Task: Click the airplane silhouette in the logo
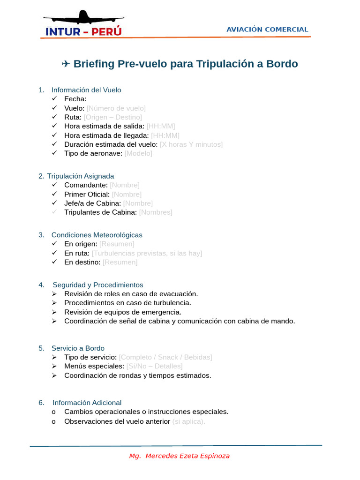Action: point(83,17)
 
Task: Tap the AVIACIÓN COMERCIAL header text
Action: point(267,29)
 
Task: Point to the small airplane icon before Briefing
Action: point(66,64)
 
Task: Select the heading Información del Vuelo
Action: point(86,90)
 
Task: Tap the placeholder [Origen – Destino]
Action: point(112,117)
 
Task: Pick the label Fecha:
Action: point(75,99)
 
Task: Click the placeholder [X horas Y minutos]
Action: point(191,144)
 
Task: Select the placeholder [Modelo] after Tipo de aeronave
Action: point(138,153)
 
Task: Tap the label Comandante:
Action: point(86,185)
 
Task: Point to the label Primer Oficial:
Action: point(87,194)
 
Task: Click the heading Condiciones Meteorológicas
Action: point(97,235)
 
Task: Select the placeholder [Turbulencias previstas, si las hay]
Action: point(147,253)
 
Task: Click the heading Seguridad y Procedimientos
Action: point(98,285)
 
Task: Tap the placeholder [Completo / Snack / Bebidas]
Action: point(165,357)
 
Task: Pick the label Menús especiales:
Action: point(94,366)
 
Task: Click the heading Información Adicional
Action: point(87,403)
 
